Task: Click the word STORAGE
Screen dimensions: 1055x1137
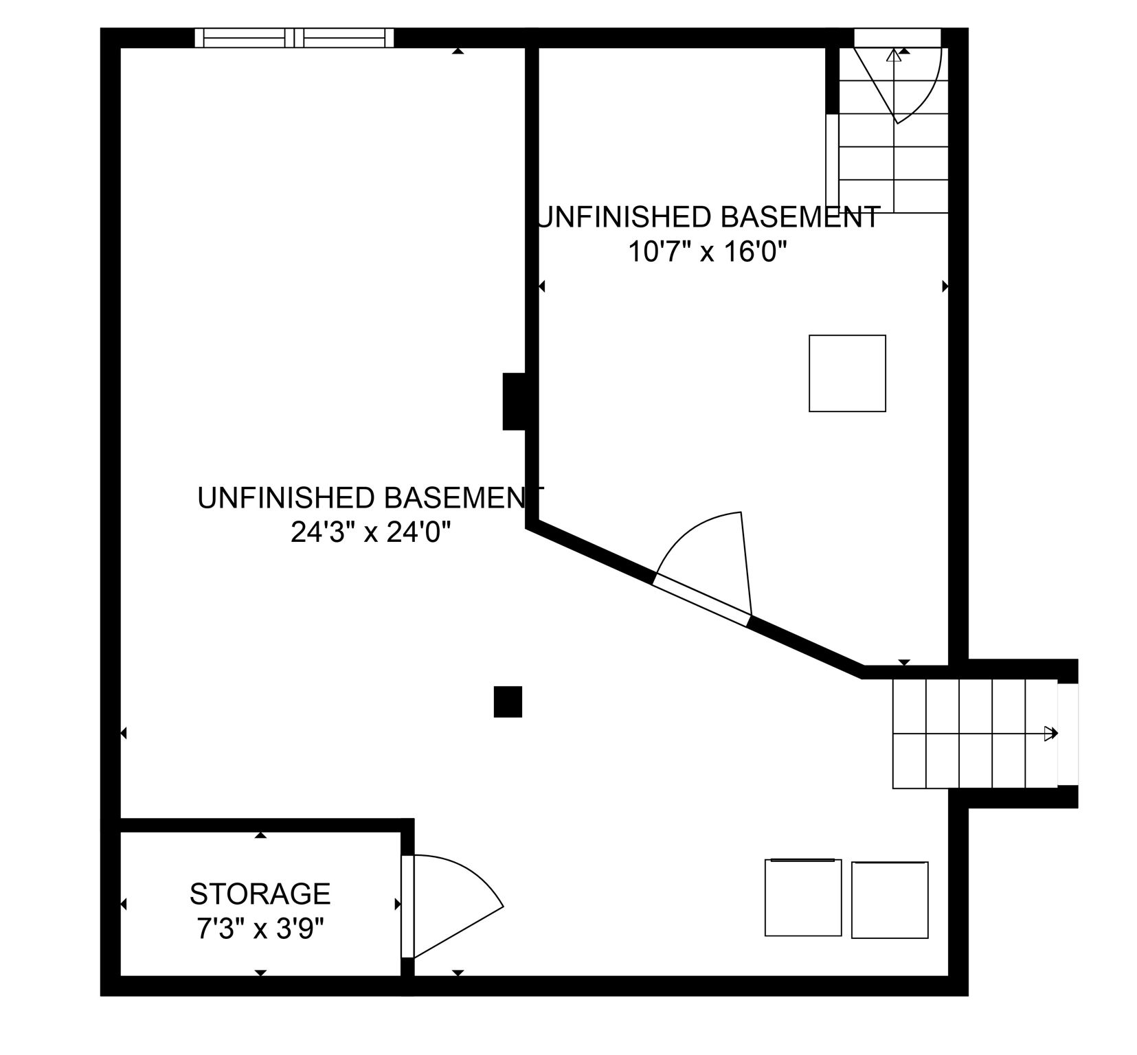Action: [260, 894]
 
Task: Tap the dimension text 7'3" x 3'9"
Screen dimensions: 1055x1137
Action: [260, 930]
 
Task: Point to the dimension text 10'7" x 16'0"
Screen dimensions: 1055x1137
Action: [707, 252]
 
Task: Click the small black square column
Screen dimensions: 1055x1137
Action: [508, 701]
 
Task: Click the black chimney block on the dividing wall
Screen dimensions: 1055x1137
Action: [514, 401]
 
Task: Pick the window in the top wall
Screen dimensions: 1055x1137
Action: [294, 38]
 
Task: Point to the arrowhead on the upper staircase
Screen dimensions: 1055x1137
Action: [893, 56]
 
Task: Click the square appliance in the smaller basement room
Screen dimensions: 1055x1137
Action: [846, 373]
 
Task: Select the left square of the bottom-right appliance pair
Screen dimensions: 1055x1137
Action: [802, 898]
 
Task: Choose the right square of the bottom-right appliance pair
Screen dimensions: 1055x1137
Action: [889, 899]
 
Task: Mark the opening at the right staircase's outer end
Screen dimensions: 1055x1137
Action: [1067, 733]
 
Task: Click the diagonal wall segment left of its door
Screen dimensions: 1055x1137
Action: [591, 553]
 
